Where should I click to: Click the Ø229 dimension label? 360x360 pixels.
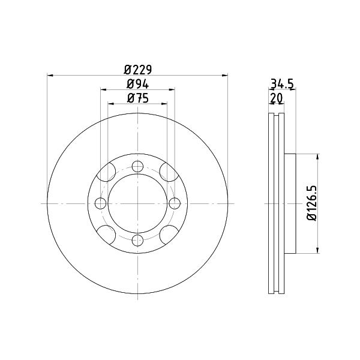[138, 70]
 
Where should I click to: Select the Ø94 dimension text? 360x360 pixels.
[137, 84]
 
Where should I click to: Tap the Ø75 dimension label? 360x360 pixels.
[137, 98]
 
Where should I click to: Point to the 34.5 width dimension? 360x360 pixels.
[282, 83]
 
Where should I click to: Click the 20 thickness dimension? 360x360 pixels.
[277, 98]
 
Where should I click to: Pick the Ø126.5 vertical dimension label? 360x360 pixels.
[312, 203]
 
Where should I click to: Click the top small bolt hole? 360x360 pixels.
[138, 166]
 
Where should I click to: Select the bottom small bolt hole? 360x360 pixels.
[138, 241]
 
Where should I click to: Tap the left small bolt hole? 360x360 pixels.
[101, 203]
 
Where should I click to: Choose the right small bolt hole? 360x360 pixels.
[175, 203]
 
